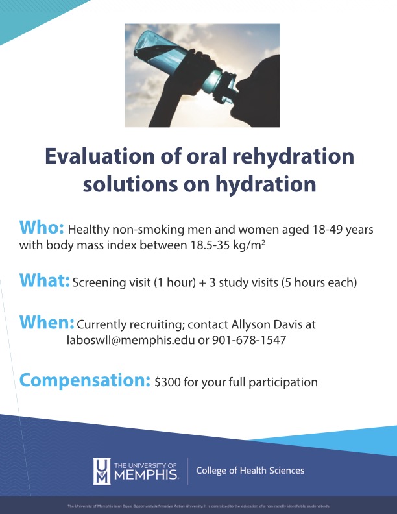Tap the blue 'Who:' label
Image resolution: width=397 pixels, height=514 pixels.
click(x=42, y=228)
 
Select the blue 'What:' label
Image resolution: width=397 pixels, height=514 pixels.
click(x=44, y=280)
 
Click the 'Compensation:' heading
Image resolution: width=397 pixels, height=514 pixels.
click(x=85, y=380)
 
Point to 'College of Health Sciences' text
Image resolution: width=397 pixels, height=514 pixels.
click(x=250, y=471)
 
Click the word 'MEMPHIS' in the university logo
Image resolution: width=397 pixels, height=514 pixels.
click(x=147, y=475)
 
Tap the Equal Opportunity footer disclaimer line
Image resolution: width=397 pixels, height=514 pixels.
click(x=198, y=505)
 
